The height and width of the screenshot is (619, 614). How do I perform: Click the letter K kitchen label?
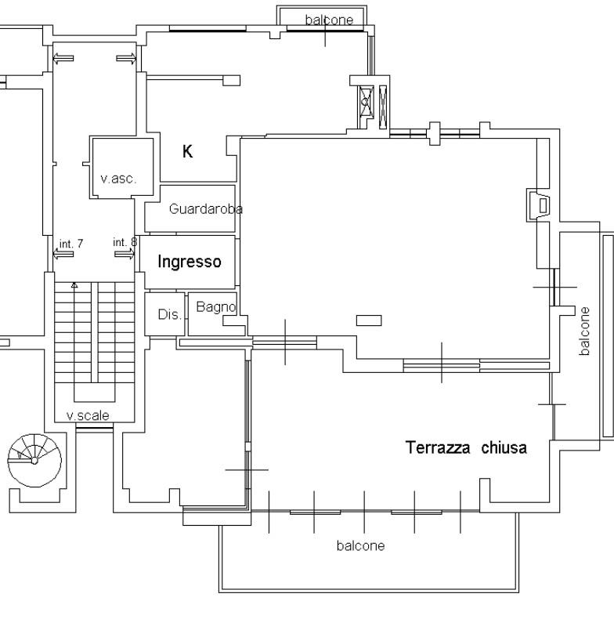[187, 151]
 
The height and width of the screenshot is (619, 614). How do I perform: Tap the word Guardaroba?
[206, 209]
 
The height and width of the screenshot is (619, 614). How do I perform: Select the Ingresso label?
[190, 262]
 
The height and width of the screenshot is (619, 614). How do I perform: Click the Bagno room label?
[216, 307]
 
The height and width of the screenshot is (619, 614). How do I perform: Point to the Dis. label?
[170, 315]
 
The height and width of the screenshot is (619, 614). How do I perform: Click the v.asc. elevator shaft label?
[118, 179]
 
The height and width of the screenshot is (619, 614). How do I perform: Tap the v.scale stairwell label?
[88, 415]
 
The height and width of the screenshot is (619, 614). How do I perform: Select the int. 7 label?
[71, 244]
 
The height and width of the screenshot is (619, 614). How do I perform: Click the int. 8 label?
[125, 242]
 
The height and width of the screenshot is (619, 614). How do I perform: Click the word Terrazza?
[438, 447]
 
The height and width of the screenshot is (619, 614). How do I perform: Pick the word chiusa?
[504, 447]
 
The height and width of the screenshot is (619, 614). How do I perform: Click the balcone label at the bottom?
[361, 545]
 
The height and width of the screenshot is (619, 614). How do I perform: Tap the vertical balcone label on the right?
[584, 331]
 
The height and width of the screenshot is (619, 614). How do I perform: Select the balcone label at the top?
[329, 20]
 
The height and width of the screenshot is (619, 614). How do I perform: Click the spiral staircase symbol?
[34, 460]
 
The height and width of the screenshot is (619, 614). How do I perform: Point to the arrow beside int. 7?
[63, 255]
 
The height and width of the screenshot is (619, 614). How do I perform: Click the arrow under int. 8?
[125, 254]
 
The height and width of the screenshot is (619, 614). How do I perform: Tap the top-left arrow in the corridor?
[63, 59]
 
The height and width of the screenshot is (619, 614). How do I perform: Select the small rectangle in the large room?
[369, 320]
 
